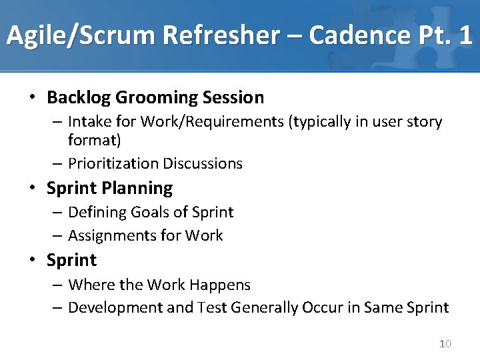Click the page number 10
click(x=445, y=344)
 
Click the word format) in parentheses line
click(x=94, y=141)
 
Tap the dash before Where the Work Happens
click(x=59, y=285)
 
